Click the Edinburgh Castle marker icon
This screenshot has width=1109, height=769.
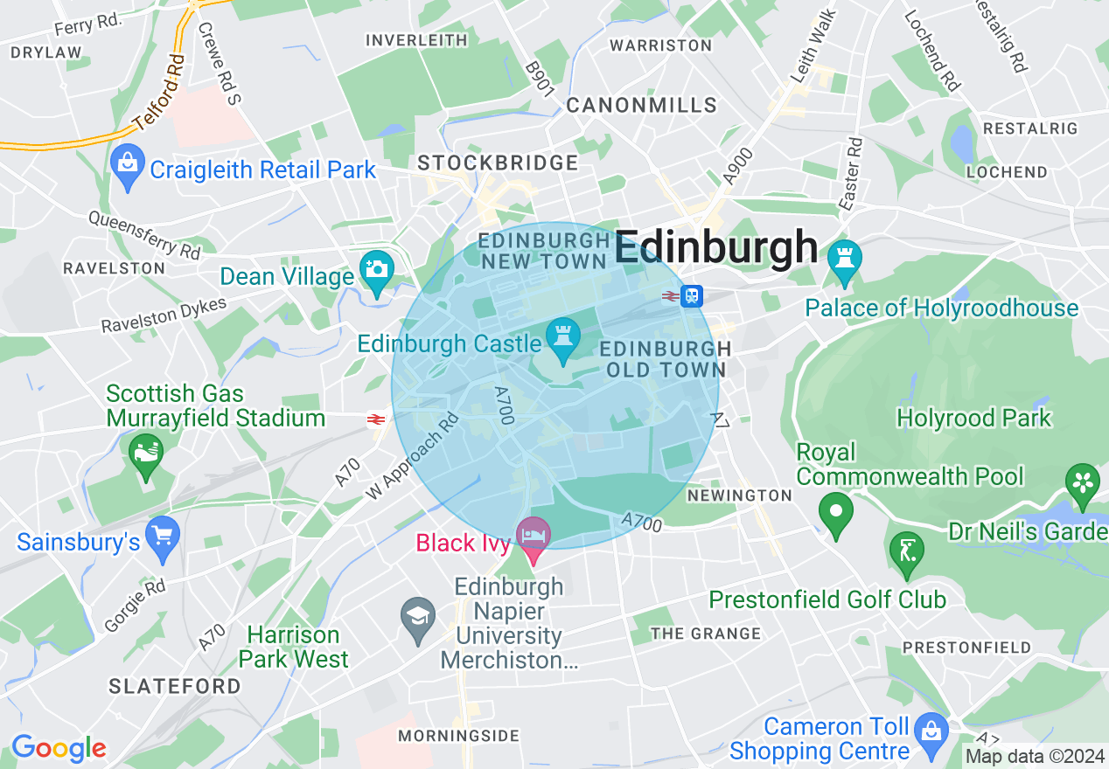click(x=562, y=335)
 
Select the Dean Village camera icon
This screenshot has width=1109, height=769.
click(x=377, y=269)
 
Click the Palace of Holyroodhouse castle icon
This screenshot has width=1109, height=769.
click(x=844, y=259)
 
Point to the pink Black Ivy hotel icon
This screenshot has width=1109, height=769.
click(x=533, y=534)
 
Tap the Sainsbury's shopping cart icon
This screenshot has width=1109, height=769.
click(x=162, y=534)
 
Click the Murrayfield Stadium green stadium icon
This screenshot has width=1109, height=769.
click(x=145, y=453)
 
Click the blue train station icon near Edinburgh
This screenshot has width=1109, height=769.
click(x=691, y=295)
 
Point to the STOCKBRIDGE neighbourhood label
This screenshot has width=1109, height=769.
click(x=498, y=163)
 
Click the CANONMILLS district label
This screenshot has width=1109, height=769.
click(x=641, y=106)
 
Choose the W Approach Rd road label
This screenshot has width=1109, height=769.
click(x=412, y=456)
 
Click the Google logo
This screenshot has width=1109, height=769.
click(x=59, y=748)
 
